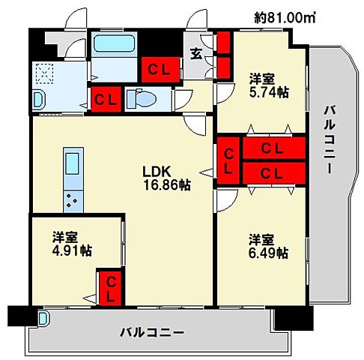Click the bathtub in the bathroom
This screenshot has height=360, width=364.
point(115,44)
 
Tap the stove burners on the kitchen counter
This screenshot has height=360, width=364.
point(73,199)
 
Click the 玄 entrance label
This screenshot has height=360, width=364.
point(195,53)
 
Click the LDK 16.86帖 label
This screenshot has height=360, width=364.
point(166,176)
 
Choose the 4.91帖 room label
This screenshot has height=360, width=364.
point(71,244)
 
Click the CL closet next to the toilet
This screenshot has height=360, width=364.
point(103,98)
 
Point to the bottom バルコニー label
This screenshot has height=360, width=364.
point(152,331)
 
